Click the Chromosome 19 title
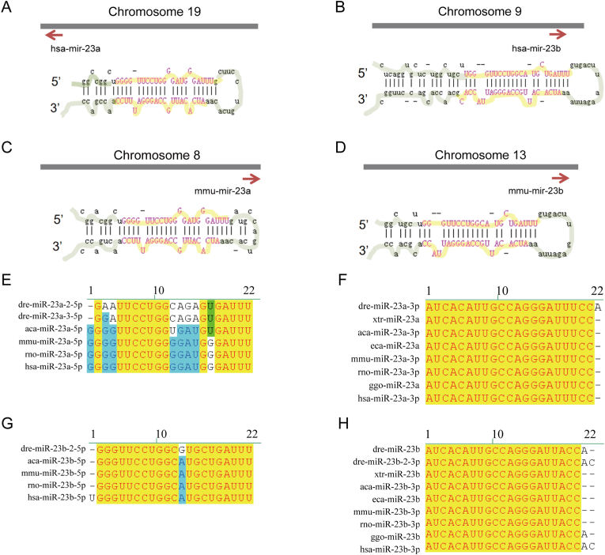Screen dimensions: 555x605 pyautogui.click(x=149, y=12)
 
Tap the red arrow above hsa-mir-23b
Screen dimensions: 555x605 pyautogui.click(x=558, y=34)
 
